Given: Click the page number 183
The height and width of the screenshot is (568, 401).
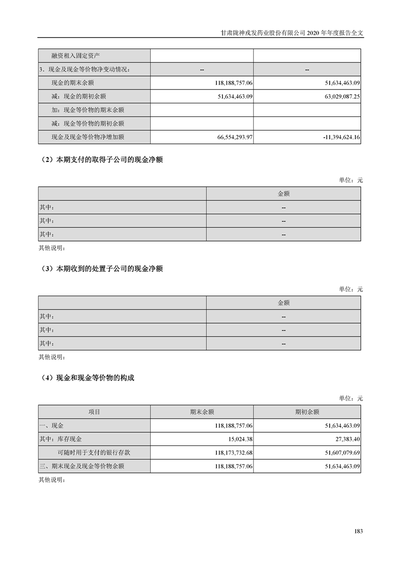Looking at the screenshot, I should [x=359, y=531].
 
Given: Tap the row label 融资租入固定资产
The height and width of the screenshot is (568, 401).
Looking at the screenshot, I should [x=79, y=55].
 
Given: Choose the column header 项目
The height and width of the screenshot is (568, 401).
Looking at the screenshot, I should [x=94, y=412].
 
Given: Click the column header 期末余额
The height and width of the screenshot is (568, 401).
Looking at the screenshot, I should [x=202, y=412].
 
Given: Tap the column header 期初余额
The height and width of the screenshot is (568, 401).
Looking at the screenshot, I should [x=307, y=412].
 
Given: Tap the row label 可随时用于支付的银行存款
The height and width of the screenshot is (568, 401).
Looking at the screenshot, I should [x=94, y=453].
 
